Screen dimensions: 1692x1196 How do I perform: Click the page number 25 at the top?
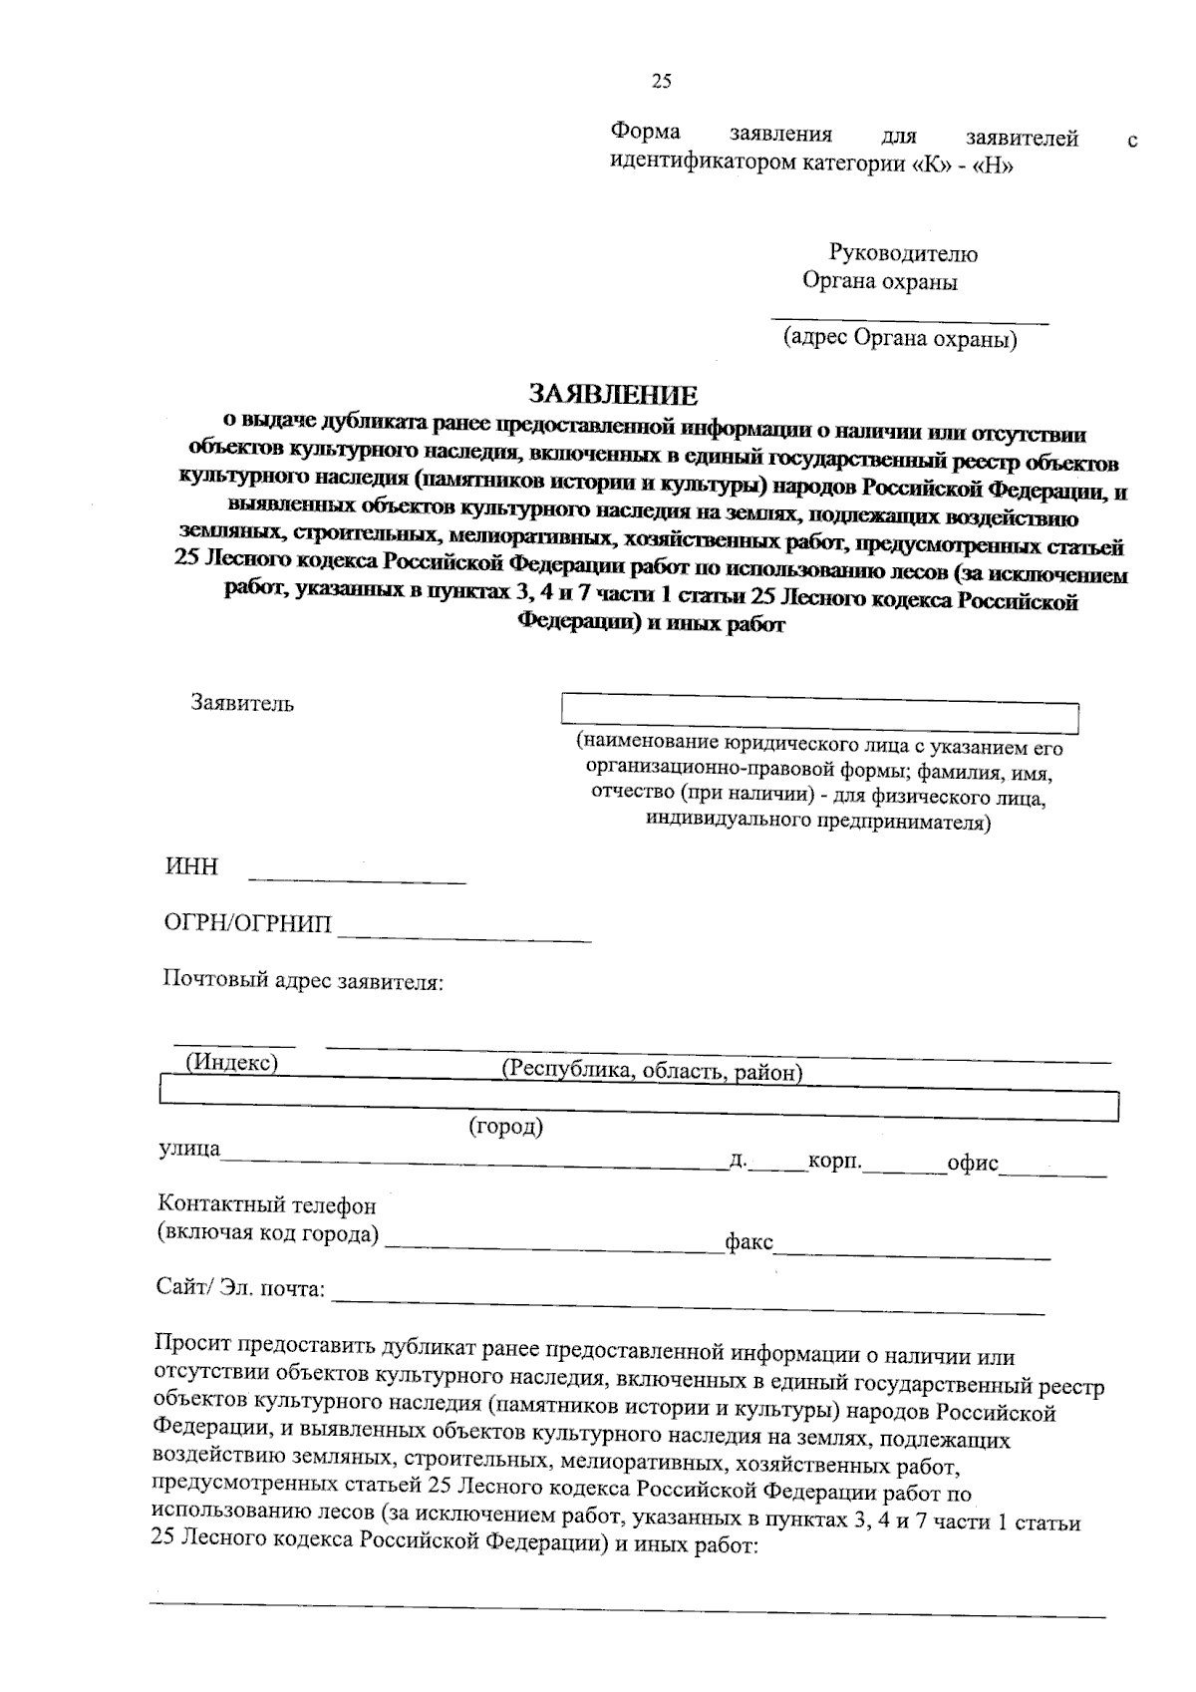point(662,82)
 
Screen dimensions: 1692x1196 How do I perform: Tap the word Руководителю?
point(903,254)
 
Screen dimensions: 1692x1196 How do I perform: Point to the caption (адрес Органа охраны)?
point(900,339)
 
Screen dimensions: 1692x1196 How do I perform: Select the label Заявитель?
point(242,703)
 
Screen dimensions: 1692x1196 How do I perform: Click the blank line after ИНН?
point(357,877)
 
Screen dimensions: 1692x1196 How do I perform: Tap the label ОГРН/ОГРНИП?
point(248,923)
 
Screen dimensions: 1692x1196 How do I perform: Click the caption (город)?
point(506,1127)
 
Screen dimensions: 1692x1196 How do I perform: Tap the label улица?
point(189,1149)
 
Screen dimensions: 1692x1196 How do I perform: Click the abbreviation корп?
point(835,1162)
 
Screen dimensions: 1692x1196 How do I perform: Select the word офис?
point(973,1164)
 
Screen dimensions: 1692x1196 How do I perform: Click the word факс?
point(748,1242)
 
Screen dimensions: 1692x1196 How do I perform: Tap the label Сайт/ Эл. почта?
point(241,1288)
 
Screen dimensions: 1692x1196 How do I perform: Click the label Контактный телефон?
point(267,1206)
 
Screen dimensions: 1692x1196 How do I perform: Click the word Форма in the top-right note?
point(646,133)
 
